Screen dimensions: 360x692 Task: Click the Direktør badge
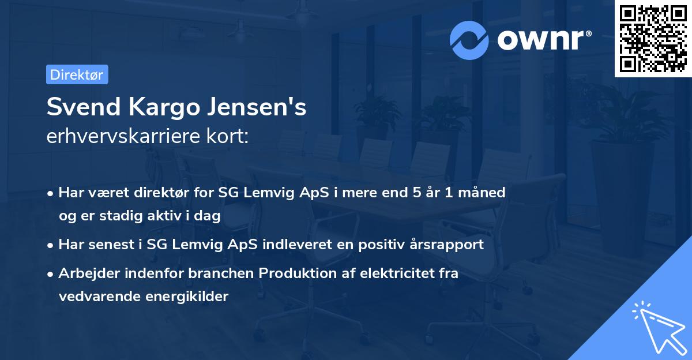77,74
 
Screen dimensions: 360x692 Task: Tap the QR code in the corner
653,39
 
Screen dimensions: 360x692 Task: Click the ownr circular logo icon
469,40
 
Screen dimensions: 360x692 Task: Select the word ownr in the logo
539,39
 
